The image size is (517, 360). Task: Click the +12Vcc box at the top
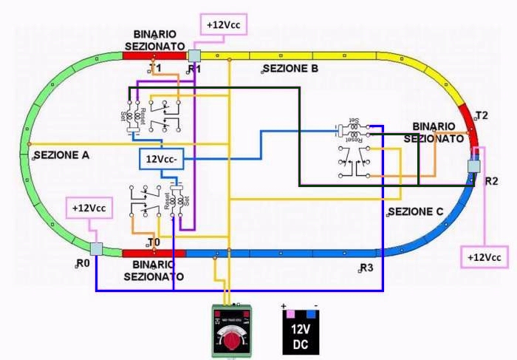tap(222, 25)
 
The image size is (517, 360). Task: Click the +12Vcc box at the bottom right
tap(485, 257)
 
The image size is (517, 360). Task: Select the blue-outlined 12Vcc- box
tap(163, 159)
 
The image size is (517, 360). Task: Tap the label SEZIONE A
tap(61, 155)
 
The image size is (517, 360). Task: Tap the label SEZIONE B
tap(290, 69)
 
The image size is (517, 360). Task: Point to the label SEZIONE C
tap(415, 211)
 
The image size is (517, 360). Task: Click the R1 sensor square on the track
tap(194, 55)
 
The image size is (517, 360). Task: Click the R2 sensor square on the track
tap(473, 166)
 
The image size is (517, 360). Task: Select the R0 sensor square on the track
tap(95, 249)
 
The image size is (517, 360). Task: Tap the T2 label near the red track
tap(482, 115)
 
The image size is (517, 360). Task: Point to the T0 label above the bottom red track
tap(154, 242)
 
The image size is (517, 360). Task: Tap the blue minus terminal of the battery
tap(311, 314)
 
